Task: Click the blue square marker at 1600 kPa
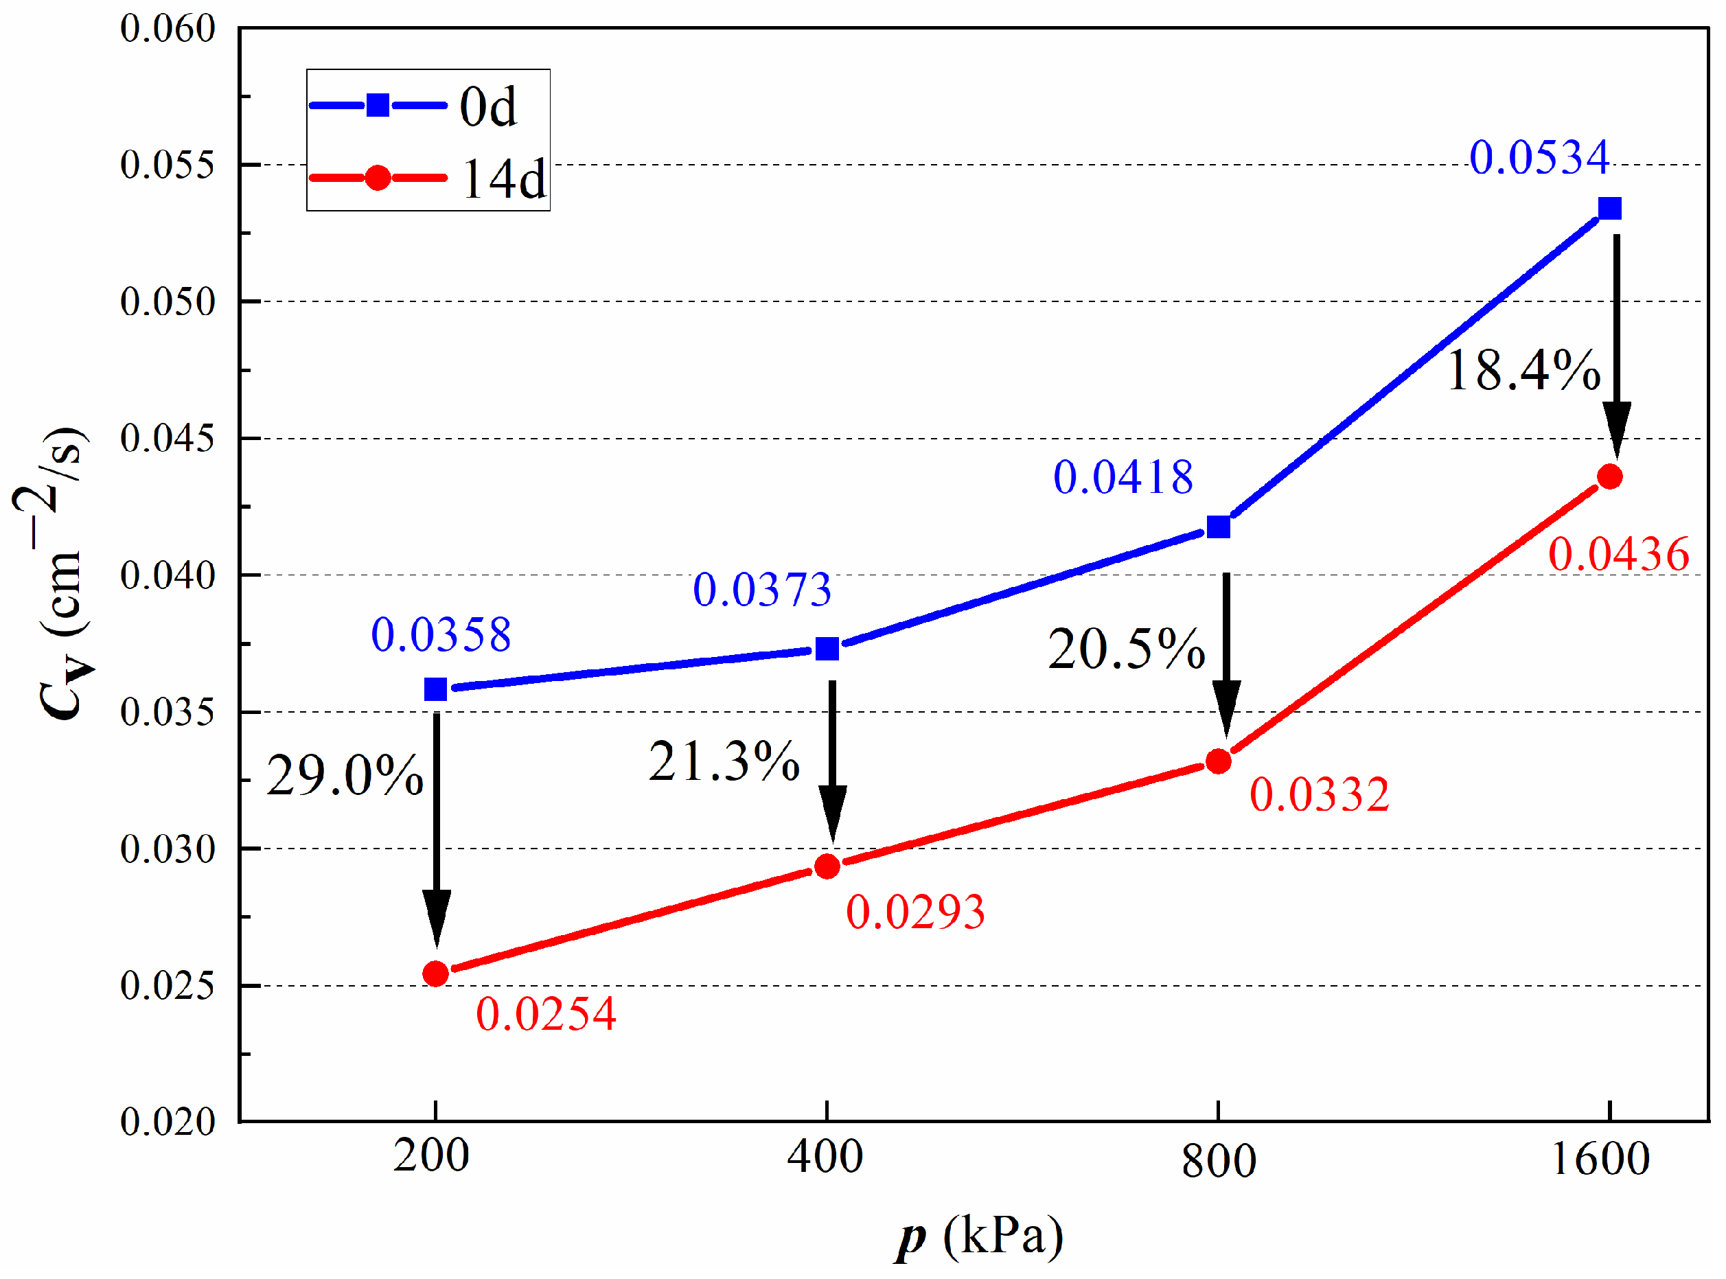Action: coord(1610,208)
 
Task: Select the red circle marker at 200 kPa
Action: coord(436,973)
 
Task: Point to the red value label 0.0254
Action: coord(546,1014)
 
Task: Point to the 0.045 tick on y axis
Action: coord(168,438)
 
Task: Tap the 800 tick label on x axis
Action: coord(1218,1160)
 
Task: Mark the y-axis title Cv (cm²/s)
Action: coord(54,573)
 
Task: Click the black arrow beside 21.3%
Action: coord(832,763)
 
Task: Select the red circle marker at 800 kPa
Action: coord(1219,762)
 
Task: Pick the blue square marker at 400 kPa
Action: coord(827,649)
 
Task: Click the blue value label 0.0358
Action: coord(441,635)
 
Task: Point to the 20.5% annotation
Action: coord(1127,649)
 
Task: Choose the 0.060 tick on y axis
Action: coord(168,29)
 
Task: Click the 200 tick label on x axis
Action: coord(431,1157)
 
